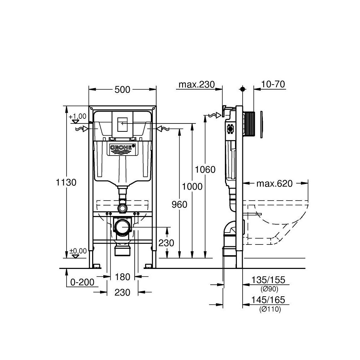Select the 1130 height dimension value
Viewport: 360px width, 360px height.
point(66,182)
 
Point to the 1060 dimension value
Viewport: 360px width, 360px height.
point(205,170)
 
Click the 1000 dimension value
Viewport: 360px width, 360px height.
point(192,186)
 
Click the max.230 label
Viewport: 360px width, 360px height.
point(197,85)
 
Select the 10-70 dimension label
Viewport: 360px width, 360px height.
point(274,84)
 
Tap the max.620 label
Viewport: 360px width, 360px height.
point(274,184)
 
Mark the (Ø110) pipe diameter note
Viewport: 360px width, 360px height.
point(269,309)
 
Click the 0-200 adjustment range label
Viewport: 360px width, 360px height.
point(82,283)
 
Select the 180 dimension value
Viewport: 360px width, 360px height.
point(122,277)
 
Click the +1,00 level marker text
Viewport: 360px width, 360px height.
point(78,116)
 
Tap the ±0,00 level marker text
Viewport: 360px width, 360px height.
point(78,251)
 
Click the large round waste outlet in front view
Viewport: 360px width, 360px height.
point(122,228)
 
